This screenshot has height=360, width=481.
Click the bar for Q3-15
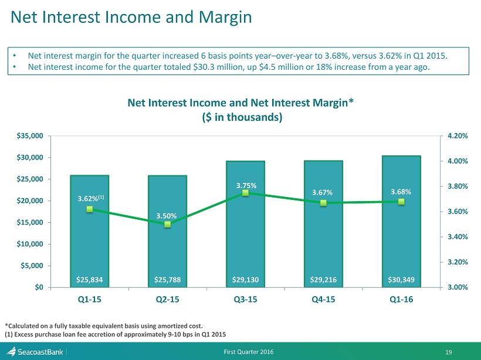(x=245, y=235)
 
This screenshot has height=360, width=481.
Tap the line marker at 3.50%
(x=167, y=224)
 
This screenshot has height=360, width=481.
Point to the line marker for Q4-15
(x=323, y=203)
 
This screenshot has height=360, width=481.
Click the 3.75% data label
(x=245, y=186)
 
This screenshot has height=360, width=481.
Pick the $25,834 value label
(x=89, y=280)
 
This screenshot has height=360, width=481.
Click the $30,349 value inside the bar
(x=401, y=280)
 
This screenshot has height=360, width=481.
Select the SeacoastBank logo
(x=35, y=351)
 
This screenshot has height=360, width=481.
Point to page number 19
(x=465, y=351)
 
